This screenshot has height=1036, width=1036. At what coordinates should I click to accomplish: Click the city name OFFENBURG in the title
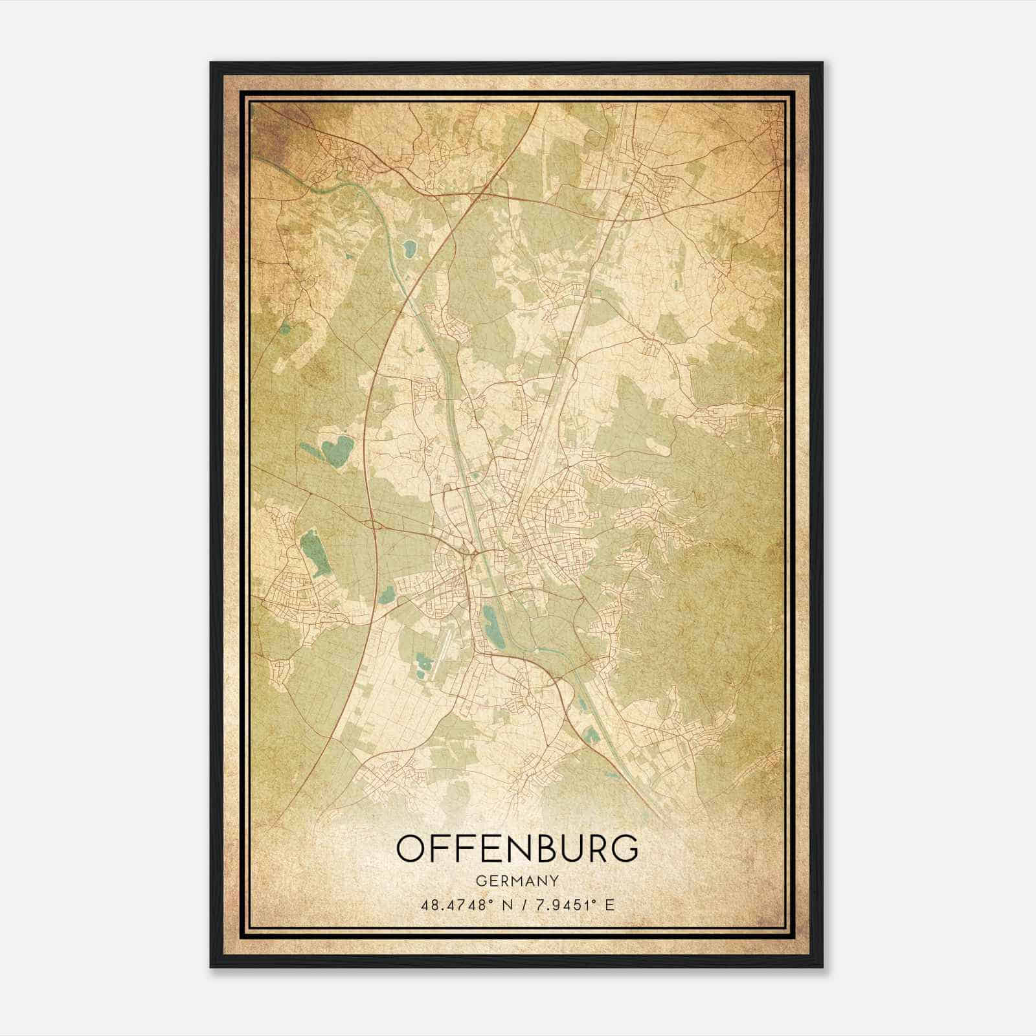(x=517, y=849)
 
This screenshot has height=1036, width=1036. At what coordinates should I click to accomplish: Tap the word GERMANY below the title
(x=517, y=881)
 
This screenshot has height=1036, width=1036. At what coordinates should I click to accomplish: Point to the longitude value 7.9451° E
(x=573, y=905)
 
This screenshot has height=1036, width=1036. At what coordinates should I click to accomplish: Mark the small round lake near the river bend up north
(x=409, y=247)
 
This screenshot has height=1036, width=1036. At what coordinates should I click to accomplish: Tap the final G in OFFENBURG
(x=624, y=849)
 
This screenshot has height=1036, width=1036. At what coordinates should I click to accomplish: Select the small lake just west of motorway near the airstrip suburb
(x=387, y=594)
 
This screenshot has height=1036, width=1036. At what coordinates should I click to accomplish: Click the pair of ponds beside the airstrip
(x=424, y=664)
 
